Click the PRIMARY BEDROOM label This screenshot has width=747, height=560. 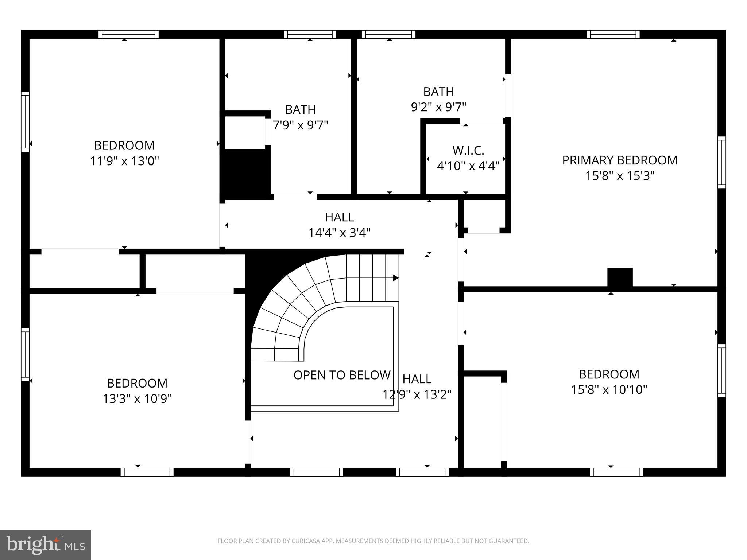point(619,160)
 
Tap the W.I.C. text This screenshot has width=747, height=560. point(468,150)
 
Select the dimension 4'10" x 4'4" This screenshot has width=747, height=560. point(468,166)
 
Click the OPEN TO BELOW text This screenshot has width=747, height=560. point(342,375)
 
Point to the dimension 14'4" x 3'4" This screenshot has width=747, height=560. point(339,233)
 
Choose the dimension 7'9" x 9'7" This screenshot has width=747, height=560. point(301,125)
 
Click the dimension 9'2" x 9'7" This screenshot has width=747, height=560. point(438,107)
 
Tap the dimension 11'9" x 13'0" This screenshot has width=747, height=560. point(124,161)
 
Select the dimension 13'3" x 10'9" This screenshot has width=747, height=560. point(137,399)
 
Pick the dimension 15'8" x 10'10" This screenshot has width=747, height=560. point(609,390)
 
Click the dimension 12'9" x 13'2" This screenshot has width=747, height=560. point(417,394)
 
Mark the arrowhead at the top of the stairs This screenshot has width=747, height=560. point(395,278)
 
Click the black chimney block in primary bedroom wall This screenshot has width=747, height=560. point(620,277)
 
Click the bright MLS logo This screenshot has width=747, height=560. point(46,545)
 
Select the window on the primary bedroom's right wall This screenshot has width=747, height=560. point(721,163)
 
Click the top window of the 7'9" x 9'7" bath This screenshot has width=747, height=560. point(310,34)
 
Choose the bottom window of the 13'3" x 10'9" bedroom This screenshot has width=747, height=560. point(147,472)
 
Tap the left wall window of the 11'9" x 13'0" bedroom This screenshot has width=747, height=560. point(25,121)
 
